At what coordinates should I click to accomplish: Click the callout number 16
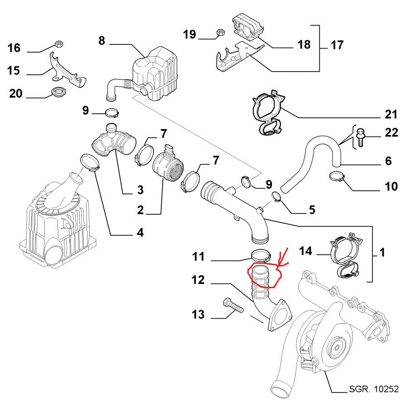tap(14, 48)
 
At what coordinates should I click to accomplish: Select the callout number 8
tap(101, 41)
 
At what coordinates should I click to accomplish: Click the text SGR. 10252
tap(373, 389)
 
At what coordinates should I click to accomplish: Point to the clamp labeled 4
tap(89, 163)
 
